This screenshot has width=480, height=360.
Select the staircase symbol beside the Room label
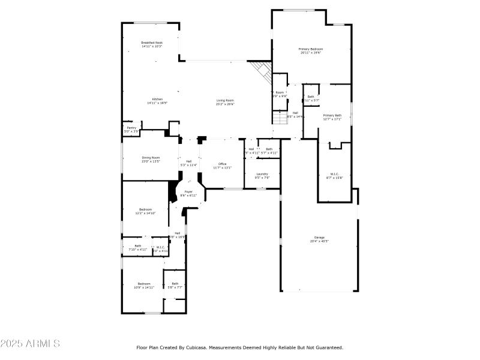click(281, 116)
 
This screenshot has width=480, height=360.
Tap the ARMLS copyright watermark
click(30, 344)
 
